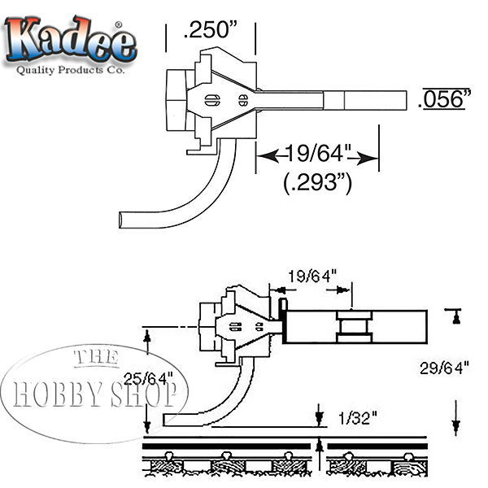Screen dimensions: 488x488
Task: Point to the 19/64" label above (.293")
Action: pyautogui.click(x=318, y=153)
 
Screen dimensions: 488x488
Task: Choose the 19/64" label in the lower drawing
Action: pyautogui.click(x=313, y=276)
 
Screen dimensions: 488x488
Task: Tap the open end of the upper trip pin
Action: pyautogui.click(x=122, y=219)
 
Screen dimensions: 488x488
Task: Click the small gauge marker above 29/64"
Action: pyautogui.click(x=456, y=315)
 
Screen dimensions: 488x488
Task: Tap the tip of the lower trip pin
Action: pyautogui.click(x=166, y=420)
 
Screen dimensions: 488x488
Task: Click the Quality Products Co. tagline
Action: pyautogui.click(x=72, y=71)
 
